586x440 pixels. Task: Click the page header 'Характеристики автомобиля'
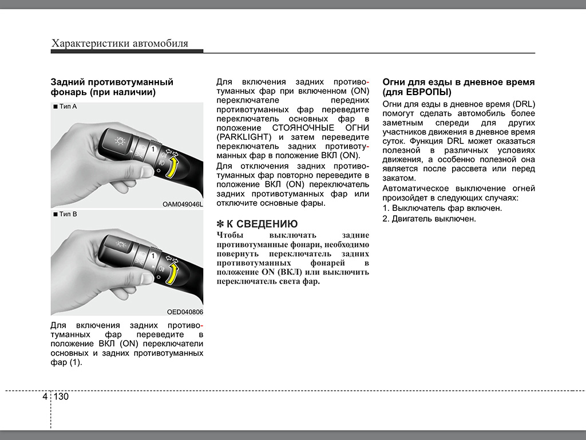click(x=120, y=44)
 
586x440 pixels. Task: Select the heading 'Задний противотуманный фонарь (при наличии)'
click(x=112, y=87)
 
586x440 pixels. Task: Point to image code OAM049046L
click(x=182, y=204)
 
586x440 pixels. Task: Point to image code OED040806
click(x=185, y=312)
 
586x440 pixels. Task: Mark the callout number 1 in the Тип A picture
click(x=153, y=149)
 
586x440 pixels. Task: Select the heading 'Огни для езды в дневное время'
click(x=458, y=82)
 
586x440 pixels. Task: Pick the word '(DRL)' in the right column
click(x=524, y=104)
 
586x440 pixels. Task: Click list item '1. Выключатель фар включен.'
click(x=442, y=208)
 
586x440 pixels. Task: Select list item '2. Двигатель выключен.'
click(x=429, y=219)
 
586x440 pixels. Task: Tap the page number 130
click(x=61, y=396)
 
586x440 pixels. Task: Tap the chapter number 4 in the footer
click(x=45, y=396)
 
